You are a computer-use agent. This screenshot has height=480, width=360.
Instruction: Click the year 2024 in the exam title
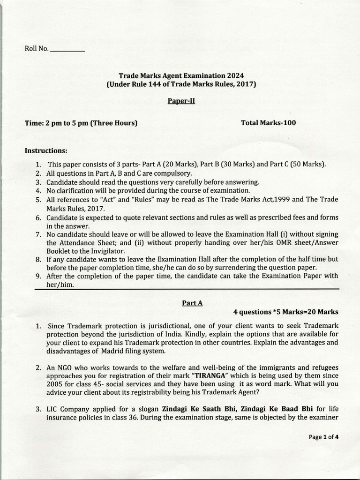click(x=235, y=75)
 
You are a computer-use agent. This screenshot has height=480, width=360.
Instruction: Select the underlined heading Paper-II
click(x=181, y=101)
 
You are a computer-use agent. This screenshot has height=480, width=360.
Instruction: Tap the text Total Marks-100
click(x=268, y=123)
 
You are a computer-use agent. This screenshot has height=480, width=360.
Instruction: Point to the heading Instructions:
click(x=46, y=151)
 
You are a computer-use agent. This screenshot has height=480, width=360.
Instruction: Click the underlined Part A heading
click(x=192, y=303)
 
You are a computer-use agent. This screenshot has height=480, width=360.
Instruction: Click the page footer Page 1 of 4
click(x=323, y=437)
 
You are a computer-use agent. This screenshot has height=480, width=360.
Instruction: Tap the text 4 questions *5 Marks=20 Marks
click(x=285, y=312)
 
